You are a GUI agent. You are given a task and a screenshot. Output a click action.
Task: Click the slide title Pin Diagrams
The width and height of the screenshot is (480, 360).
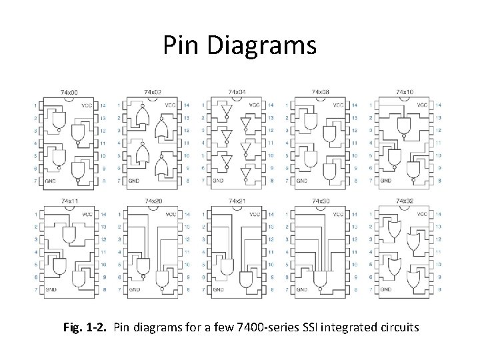coord(239,45)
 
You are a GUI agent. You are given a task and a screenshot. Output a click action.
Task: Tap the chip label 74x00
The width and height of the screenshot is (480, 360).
coord(68,91)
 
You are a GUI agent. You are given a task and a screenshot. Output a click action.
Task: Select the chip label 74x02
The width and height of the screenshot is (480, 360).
coord(152,91)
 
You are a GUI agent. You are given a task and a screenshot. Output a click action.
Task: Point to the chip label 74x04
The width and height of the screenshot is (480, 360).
coord(236,91)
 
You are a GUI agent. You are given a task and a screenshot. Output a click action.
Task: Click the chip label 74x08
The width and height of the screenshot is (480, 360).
coord(320,91)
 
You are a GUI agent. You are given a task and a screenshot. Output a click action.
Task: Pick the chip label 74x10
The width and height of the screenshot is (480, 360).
coord(404,91)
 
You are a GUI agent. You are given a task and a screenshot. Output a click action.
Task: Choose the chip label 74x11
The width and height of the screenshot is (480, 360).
coord(68,201)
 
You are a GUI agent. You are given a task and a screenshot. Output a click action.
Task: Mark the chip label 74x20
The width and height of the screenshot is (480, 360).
coord(152,201)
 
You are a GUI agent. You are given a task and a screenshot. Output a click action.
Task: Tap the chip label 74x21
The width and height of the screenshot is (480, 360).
coord(236,201)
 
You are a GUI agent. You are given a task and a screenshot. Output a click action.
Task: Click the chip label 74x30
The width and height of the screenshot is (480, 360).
coord(320,201)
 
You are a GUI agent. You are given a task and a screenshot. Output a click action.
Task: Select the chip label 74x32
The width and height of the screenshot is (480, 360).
coord(404,201)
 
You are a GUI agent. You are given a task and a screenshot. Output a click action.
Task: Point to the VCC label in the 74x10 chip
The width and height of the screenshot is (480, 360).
coord(422,105)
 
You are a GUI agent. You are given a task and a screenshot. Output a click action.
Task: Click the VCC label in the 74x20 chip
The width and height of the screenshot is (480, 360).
coord(171,215)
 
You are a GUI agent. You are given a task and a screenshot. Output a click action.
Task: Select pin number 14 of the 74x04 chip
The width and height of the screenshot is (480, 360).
coord(271,105)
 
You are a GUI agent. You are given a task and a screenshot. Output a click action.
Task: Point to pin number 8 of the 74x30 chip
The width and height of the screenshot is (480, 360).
coord(355,290)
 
